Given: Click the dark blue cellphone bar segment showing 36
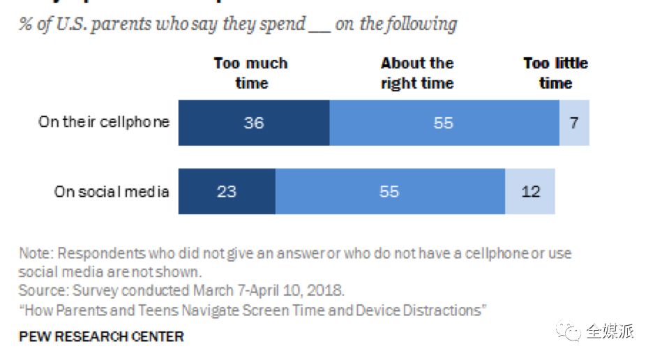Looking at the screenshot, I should point(253,123).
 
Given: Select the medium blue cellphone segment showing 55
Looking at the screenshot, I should point(444,123).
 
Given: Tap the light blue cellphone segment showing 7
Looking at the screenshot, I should point(574,123).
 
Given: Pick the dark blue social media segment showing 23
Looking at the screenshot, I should point(227,191).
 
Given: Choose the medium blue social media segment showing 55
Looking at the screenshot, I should point(389,191).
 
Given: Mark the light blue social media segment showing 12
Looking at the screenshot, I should point(530,191).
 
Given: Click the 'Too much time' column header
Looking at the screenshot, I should point(250,73).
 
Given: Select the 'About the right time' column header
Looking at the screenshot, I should point(417,73).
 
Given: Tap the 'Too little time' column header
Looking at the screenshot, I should point(555,73).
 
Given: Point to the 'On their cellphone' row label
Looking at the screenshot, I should point(104,122).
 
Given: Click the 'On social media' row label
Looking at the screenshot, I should point(112,191).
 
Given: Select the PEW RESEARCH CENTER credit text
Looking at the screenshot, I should point(101,336).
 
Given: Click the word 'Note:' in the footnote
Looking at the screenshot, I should point(35,253).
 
